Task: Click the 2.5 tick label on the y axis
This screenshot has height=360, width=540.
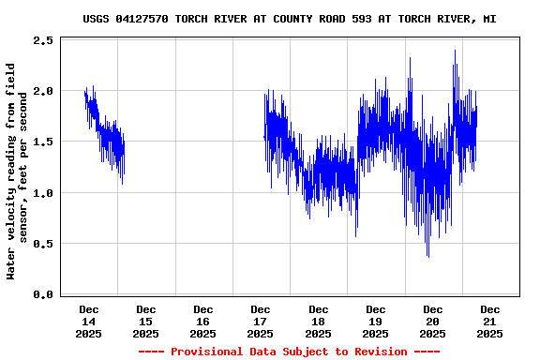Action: pos(42,41)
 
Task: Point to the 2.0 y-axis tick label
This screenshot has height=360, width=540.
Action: pos(42,92)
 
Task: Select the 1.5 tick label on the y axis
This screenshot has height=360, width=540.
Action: pos(42,142)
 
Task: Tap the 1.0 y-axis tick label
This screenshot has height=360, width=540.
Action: pos(42,193)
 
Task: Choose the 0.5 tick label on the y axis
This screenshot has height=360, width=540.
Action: pos(42,244)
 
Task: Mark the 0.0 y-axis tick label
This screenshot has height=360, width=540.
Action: pos(42,294)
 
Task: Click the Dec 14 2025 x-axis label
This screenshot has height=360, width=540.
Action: pos(89,321)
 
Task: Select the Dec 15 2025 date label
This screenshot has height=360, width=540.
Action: pos(146,321)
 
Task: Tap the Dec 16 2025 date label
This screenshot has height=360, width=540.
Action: pos(203,321)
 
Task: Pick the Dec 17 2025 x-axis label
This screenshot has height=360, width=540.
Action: pos(261,321)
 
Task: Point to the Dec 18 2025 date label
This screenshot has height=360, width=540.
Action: pos(318,321)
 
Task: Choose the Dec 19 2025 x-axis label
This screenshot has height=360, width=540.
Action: pos(375,321)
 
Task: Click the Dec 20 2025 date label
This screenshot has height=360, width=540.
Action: pos(432,321)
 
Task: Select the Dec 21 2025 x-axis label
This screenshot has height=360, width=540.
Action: pos(489,321)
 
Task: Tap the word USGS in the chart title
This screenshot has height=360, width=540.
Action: pos(97,19)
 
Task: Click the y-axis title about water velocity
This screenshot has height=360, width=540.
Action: pos(17,171)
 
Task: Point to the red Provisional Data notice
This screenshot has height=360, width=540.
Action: pos(289,352)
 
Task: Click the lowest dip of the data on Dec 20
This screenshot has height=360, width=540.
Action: pos(427,256)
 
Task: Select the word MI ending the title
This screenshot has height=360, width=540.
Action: pos(489,19)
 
